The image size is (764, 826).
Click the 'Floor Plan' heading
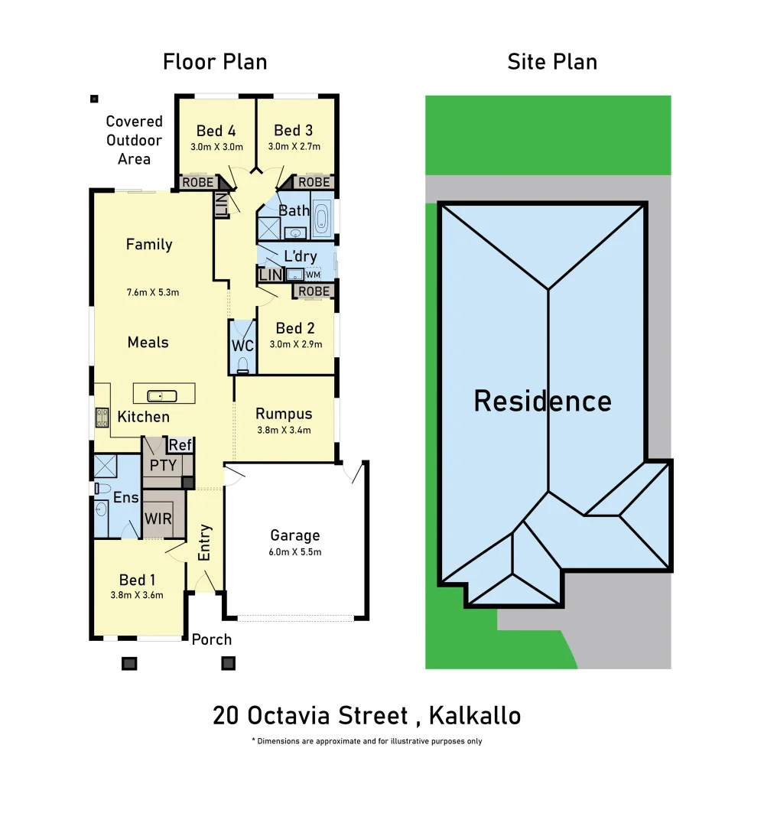coord(215,62)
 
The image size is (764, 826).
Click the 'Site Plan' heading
coord(552,62)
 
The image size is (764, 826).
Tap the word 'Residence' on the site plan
coord(542,401)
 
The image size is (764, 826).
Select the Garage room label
coord(294,535)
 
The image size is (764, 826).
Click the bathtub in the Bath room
coord(321,218)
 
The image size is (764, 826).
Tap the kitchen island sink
coord(163,395)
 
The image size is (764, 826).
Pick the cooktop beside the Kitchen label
coord(101,418)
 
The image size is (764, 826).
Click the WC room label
coord(242,346)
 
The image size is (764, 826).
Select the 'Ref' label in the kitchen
coord(180,445)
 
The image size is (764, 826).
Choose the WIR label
coord(158,519)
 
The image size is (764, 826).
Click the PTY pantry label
coord(163,465)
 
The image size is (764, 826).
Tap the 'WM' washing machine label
coord(313,275)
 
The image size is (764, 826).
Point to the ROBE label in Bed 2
coord(314,291)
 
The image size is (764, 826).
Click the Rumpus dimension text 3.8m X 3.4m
coord(284,431)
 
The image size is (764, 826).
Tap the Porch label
coord(211,639)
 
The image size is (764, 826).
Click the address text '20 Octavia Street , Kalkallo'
coord(367,716)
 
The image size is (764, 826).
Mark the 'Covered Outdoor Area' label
coord(134,140)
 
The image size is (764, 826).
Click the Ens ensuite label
coord(125,498)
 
